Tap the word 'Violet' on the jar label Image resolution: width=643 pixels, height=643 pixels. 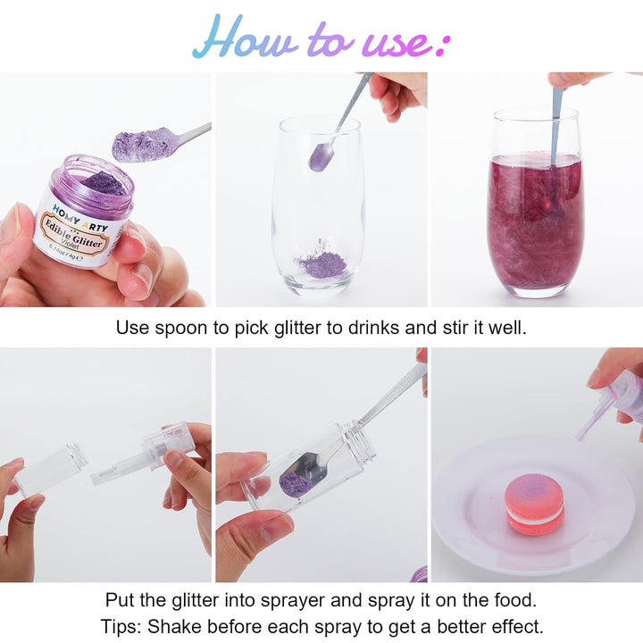click(71, 244)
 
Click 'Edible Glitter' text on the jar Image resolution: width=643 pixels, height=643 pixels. click(73, 234)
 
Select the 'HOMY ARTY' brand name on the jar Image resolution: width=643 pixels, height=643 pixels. click(80, 218)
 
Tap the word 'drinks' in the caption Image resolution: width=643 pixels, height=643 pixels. click(373, 328)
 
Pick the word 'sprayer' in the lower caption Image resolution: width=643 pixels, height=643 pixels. click(293, 601)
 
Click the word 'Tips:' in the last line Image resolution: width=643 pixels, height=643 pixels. click(121, 627)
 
